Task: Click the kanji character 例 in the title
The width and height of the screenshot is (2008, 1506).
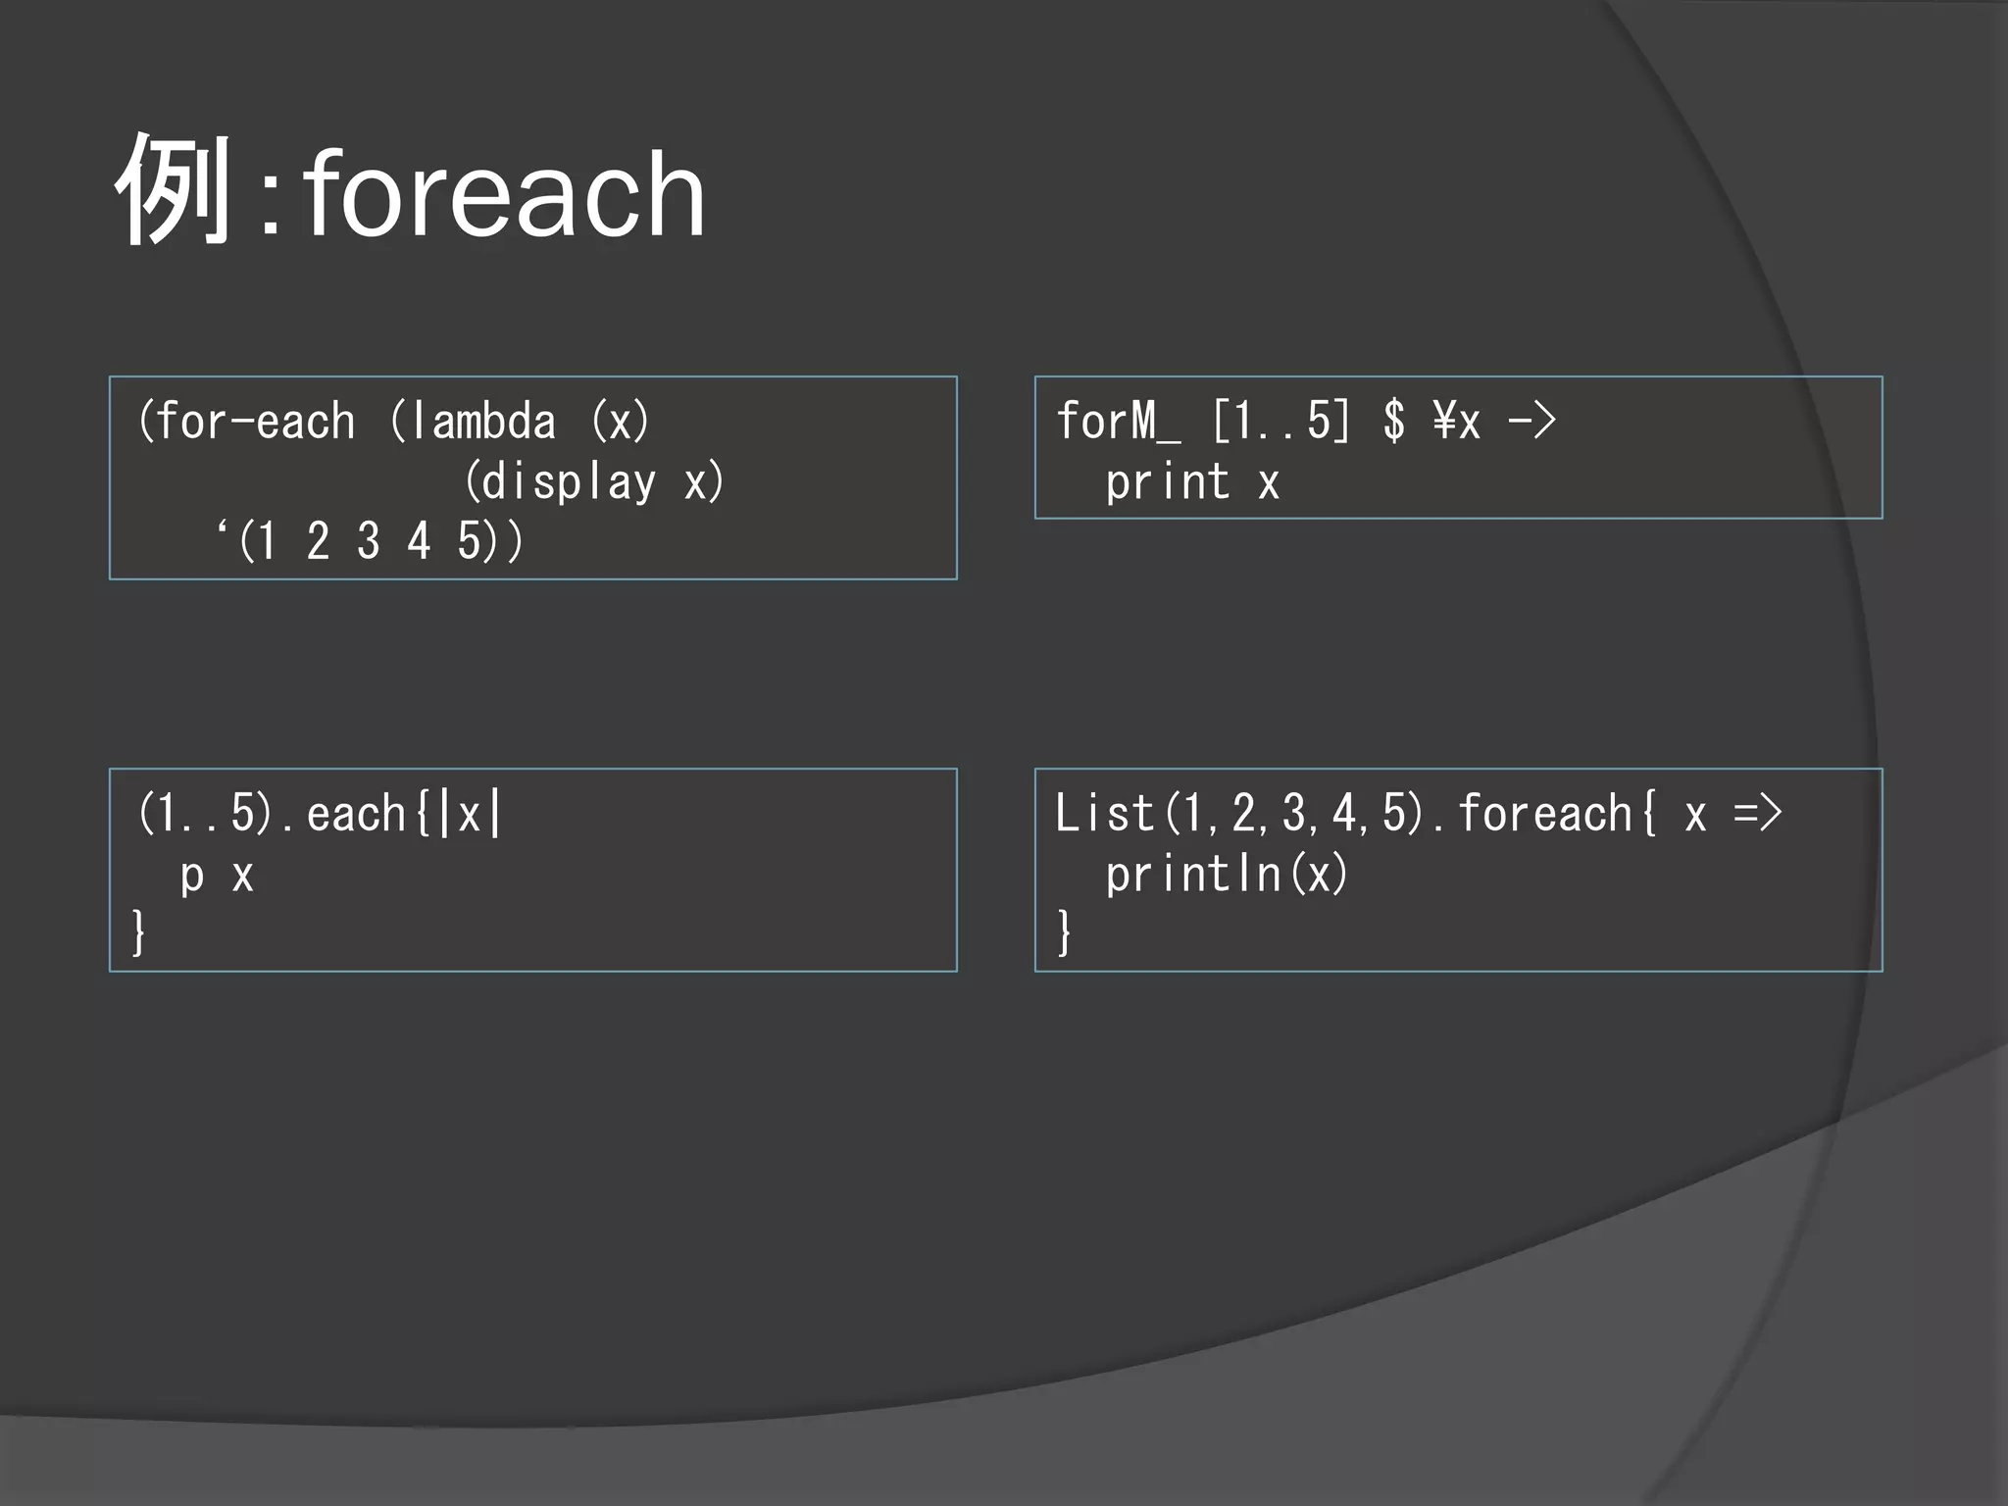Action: coord(175,190)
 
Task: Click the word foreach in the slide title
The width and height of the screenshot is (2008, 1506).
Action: coord(504,194)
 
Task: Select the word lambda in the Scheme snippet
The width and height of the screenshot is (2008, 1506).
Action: coord(482,423)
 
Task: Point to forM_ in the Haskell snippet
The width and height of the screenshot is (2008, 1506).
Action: coord(1119,423)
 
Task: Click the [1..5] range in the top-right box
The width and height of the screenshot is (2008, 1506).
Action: coord(1281,423)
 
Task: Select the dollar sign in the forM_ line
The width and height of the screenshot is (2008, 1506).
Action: coord(1393,423)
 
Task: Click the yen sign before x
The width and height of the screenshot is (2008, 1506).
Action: coord(1443,423)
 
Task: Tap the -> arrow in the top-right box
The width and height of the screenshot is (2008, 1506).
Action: coord(1531,423)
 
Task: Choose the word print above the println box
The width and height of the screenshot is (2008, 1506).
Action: coord(1167,482)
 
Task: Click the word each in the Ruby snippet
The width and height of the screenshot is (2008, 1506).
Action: coord(356,815)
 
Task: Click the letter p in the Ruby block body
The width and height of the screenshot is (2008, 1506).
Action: coord(192,877)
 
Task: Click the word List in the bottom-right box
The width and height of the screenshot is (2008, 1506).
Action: coord(1104,815)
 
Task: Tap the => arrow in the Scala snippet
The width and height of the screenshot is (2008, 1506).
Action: coord(1757,815)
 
